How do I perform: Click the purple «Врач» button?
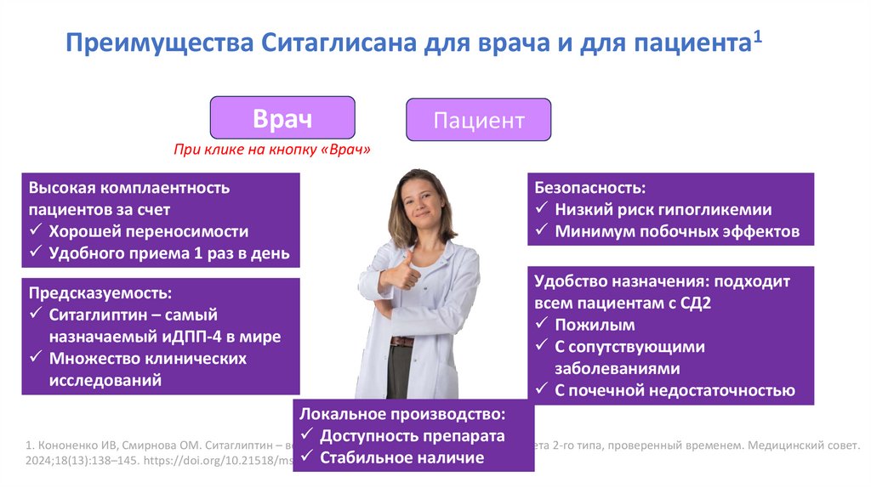tap(282, 119)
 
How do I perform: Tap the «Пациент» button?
tap(478, 120)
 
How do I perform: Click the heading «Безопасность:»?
tap(589, 187)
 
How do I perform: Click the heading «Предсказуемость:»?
tap(100, 292)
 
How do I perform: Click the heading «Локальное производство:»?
tap(401, 414)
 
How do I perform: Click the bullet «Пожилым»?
tap(595, 325)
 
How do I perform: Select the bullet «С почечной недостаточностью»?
tap(675, 390)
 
